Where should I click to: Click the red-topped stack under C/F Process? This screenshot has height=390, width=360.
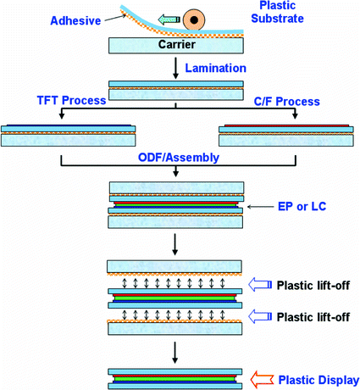(x=285, y=134)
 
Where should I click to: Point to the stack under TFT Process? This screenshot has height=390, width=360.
(x=69, y=134)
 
